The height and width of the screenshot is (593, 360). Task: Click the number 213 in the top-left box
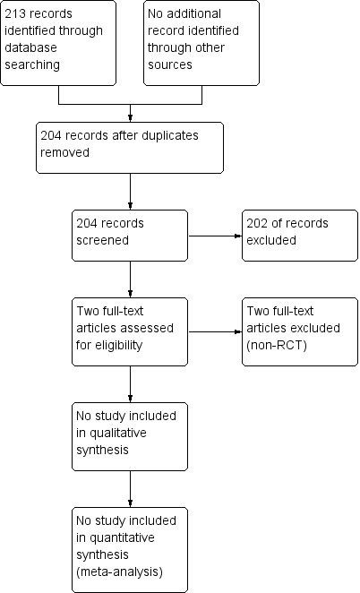14,14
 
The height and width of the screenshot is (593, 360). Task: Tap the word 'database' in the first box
30,47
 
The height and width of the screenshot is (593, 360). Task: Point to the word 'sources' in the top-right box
170,64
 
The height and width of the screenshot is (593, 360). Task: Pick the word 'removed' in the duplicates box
64,153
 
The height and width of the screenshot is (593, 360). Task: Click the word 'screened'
102,241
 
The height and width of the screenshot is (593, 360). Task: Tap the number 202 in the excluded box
257,224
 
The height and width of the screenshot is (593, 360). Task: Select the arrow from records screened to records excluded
215,236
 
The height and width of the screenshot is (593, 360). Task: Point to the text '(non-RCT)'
277,345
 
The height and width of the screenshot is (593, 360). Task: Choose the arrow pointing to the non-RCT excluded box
215,332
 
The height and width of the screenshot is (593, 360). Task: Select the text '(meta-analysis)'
119,572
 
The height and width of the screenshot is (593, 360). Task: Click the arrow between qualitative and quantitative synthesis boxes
131,489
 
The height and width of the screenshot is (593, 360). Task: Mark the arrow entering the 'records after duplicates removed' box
131,113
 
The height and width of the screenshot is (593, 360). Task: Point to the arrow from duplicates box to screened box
131,192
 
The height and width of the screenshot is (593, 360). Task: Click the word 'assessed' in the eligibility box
149,328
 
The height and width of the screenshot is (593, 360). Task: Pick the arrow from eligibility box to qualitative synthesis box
131,384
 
